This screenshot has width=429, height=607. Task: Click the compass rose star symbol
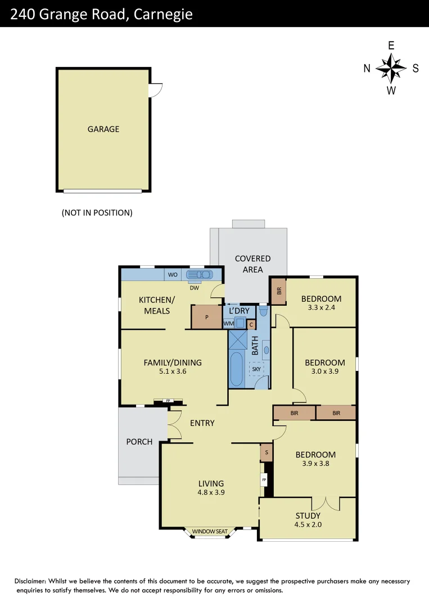tap(391, 69)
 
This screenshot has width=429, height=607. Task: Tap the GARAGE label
tap(103, 129)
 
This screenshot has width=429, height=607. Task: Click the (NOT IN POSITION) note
tap(97, 213)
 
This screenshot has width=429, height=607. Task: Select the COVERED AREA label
tap(252, 264)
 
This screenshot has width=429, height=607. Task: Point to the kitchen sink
tap(200, 275)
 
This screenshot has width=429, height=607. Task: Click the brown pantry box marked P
tap(206, 318)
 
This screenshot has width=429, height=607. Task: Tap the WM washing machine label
tap(229, 323)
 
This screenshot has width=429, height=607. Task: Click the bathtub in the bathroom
tap(237, 370)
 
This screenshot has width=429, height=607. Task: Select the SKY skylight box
tap(256, 369)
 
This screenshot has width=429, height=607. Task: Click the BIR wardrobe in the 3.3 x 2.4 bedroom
tap(279, 291)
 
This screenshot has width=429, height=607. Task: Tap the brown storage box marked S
tap(266, 453)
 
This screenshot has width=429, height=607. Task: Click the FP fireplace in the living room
tap(264, 481)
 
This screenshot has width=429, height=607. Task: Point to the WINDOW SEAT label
tap(210, 532)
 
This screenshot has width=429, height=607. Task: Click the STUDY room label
tap(308, 515)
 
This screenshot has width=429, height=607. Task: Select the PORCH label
tap(139, 442)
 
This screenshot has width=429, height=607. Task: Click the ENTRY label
tap(202, 423)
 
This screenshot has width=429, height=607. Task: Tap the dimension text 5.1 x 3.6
tap(173, 372)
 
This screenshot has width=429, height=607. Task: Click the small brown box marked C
tap(251, 324)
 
